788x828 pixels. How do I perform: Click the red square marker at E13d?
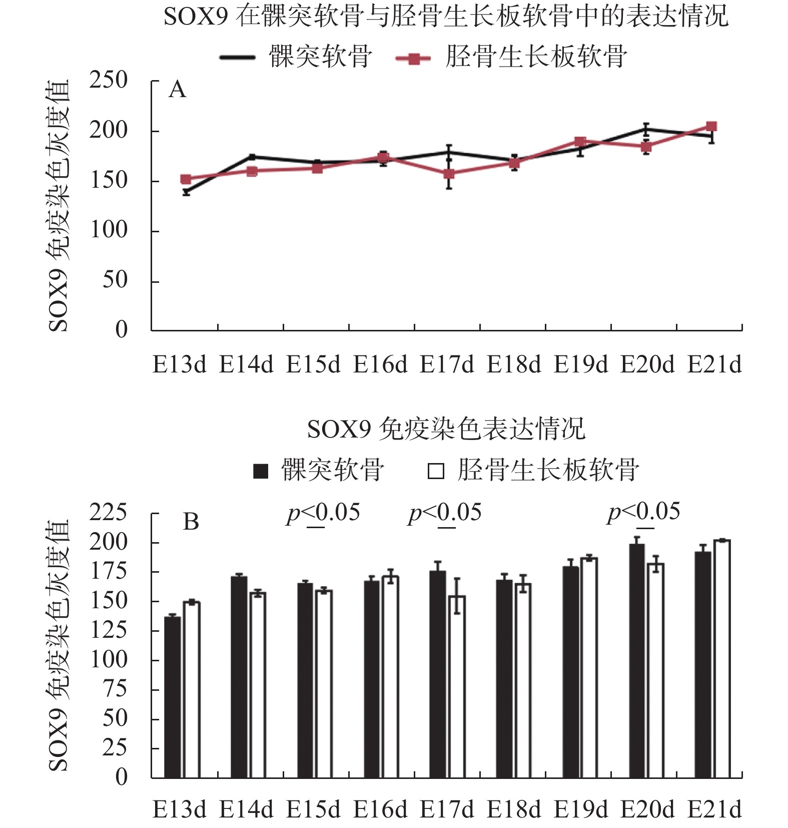pyautogui.click(x=186, y=179)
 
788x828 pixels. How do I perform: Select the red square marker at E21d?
pyautogui.click(x=711, y=126)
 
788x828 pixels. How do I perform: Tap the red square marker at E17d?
pyautogui.click(x=449, y=174)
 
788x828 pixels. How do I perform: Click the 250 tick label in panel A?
pyautogui.click(x=108, y=81)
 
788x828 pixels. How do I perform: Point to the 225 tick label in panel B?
pyautogui.click(x=108, y=513)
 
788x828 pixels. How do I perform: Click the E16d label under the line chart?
pyautogui.click(x=380, y=364)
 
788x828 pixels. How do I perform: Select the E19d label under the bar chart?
pyautogui.click(x=580, y=809)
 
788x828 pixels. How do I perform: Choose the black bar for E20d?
pyautogui.click(x=637, y=661)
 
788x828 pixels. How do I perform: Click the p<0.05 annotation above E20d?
pyautogui.click(x=643, y=512)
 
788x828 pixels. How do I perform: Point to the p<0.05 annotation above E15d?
pyautogui.click(x=323, y=513)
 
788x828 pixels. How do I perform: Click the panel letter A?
pyautogui.click(x=178, y=90)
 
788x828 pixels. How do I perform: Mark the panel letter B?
pyautogui.click(x=191, y=522)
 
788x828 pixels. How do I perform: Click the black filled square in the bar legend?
pyautogui.click(x=261, y=471)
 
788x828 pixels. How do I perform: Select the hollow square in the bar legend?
pyautogui.click(x=436, y=471)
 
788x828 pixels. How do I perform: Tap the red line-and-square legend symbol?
pyautogui.click(x=413, y=59)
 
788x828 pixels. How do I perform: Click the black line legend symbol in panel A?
pyautogui.click(x=237, y=58)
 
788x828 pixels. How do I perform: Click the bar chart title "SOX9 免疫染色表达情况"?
pyautogui.click(x=446, y=429)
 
